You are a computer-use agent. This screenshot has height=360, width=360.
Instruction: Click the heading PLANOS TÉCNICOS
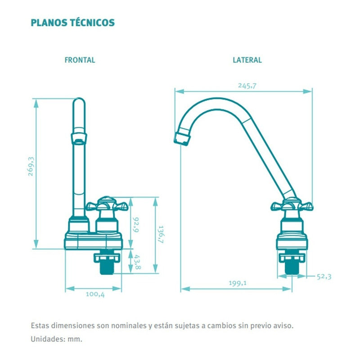(72, 22)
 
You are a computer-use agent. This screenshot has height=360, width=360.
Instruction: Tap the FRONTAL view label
(80, 60)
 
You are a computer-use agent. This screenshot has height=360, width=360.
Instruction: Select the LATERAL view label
(247, 60)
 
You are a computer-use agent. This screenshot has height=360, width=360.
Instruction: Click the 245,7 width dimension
(247, 86)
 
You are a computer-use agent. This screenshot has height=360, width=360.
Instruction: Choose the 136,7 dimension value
(161, 234)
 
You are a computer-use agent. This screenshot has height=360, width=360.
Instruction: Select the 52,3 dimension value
(324, 277)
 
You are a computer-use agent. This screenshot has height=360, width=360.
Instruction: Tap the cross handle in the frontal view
(108, 206)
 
